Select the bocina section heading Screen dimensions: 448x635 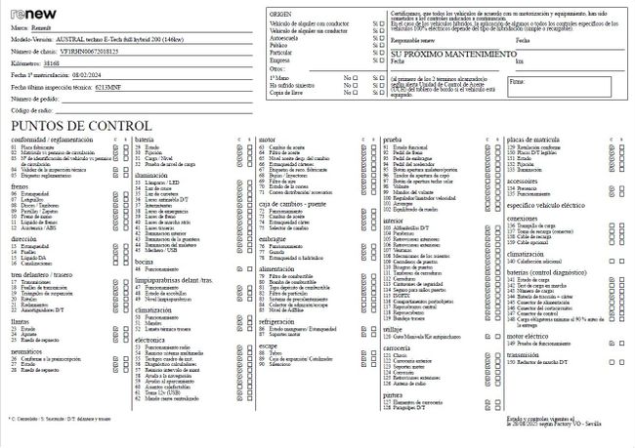145,317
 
